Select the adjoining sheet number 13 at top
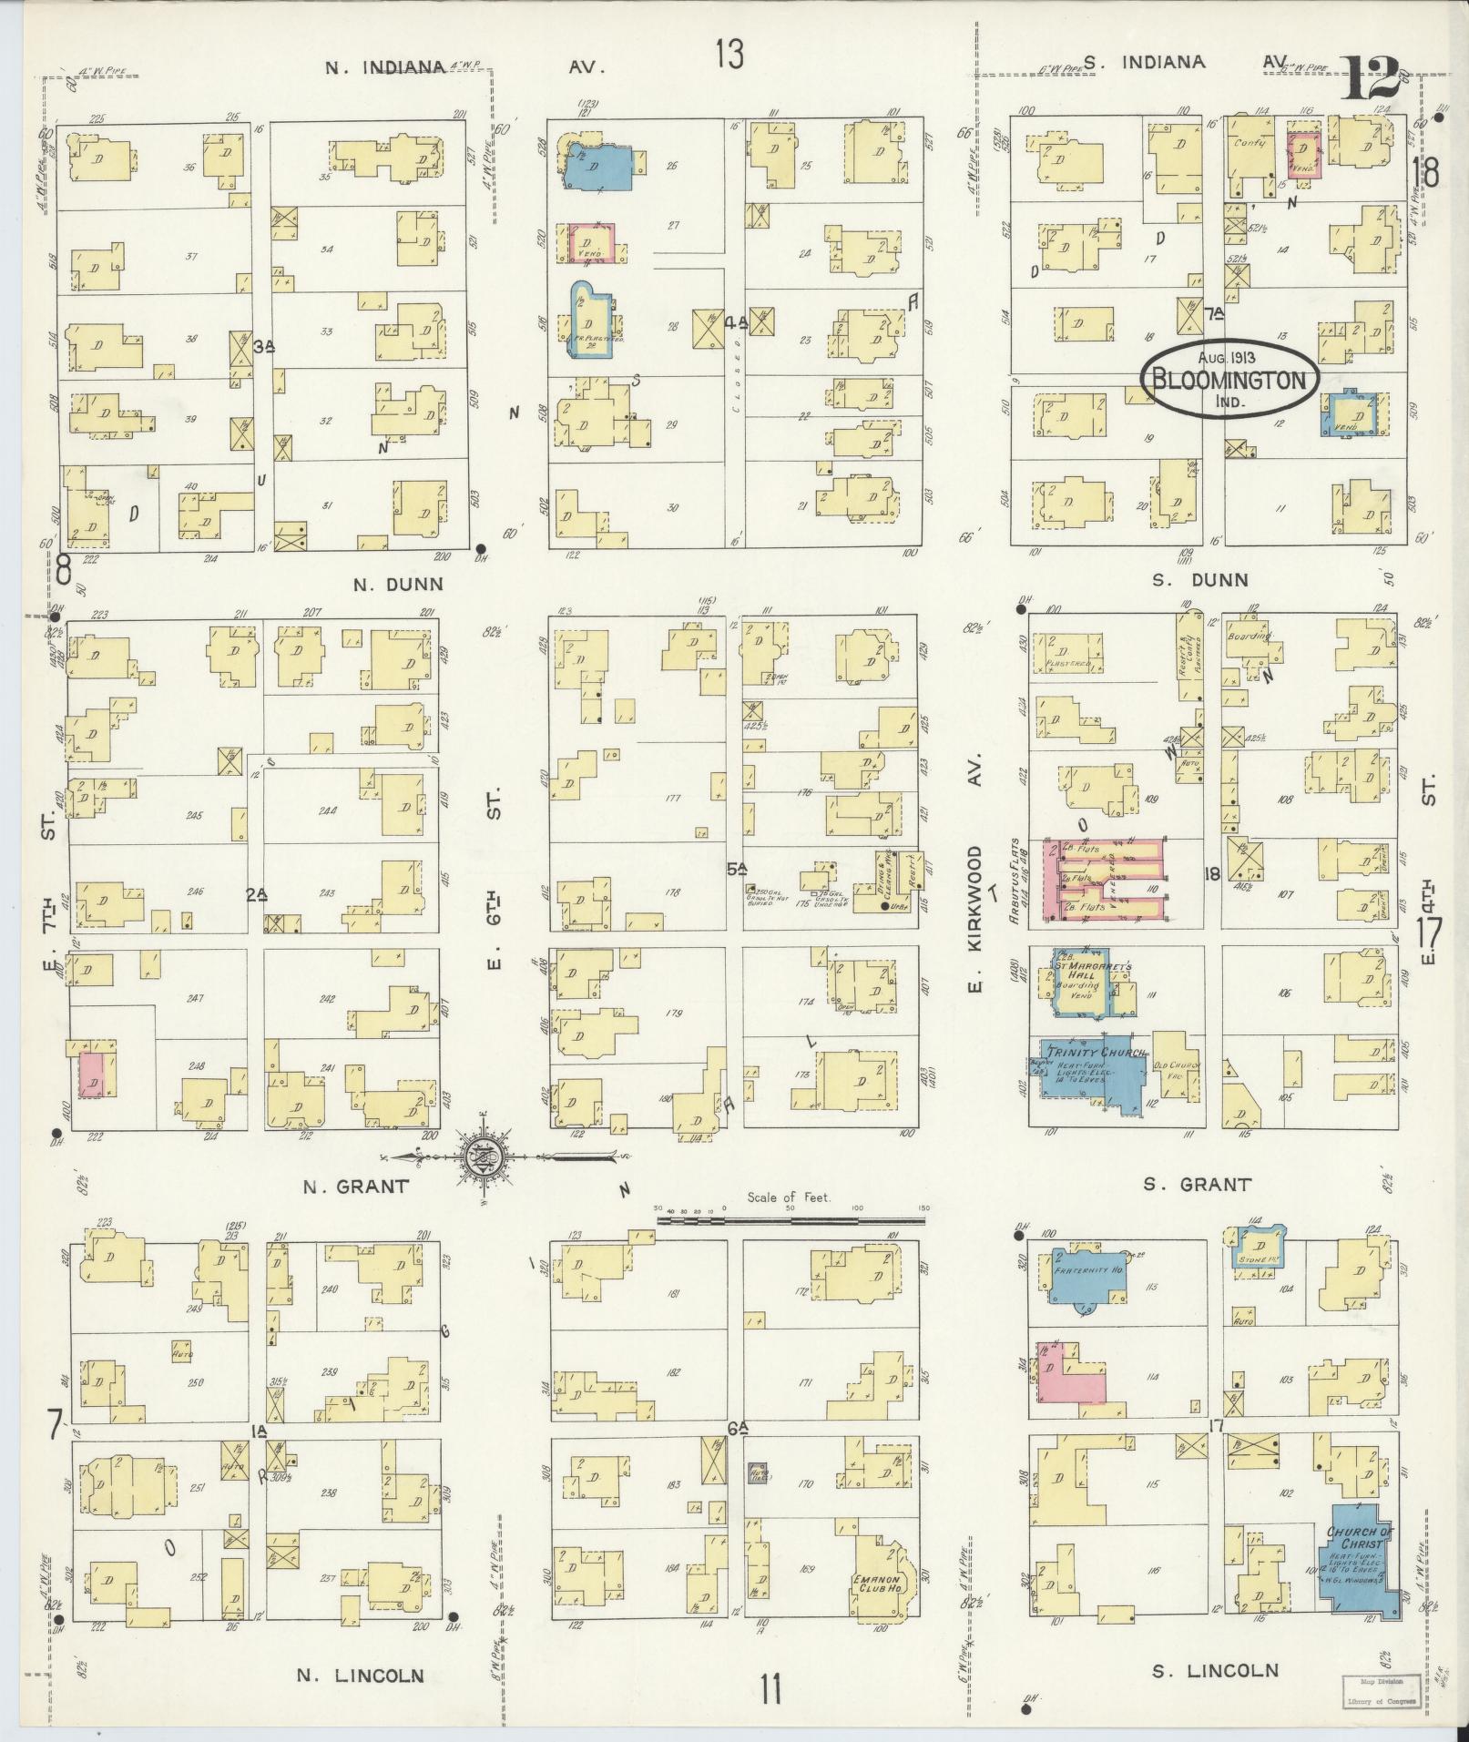pos(729,56)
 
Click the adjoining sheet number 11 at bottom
pos(770,1691)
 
